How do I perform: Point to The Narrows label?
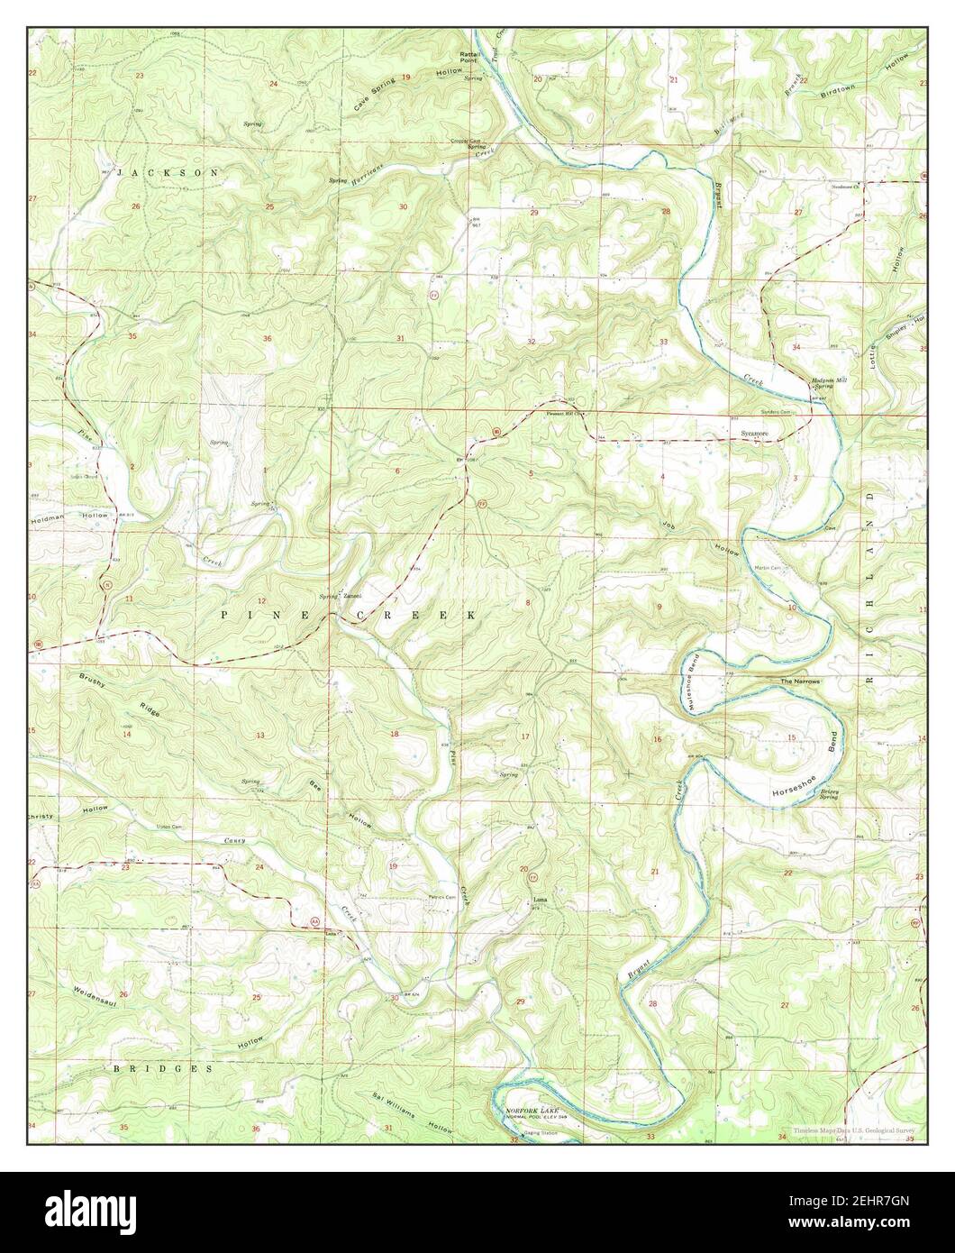[800, 681]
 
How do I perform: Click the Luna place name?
[540, 899]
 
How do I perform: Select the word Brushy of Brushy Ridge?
[93, 680]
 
